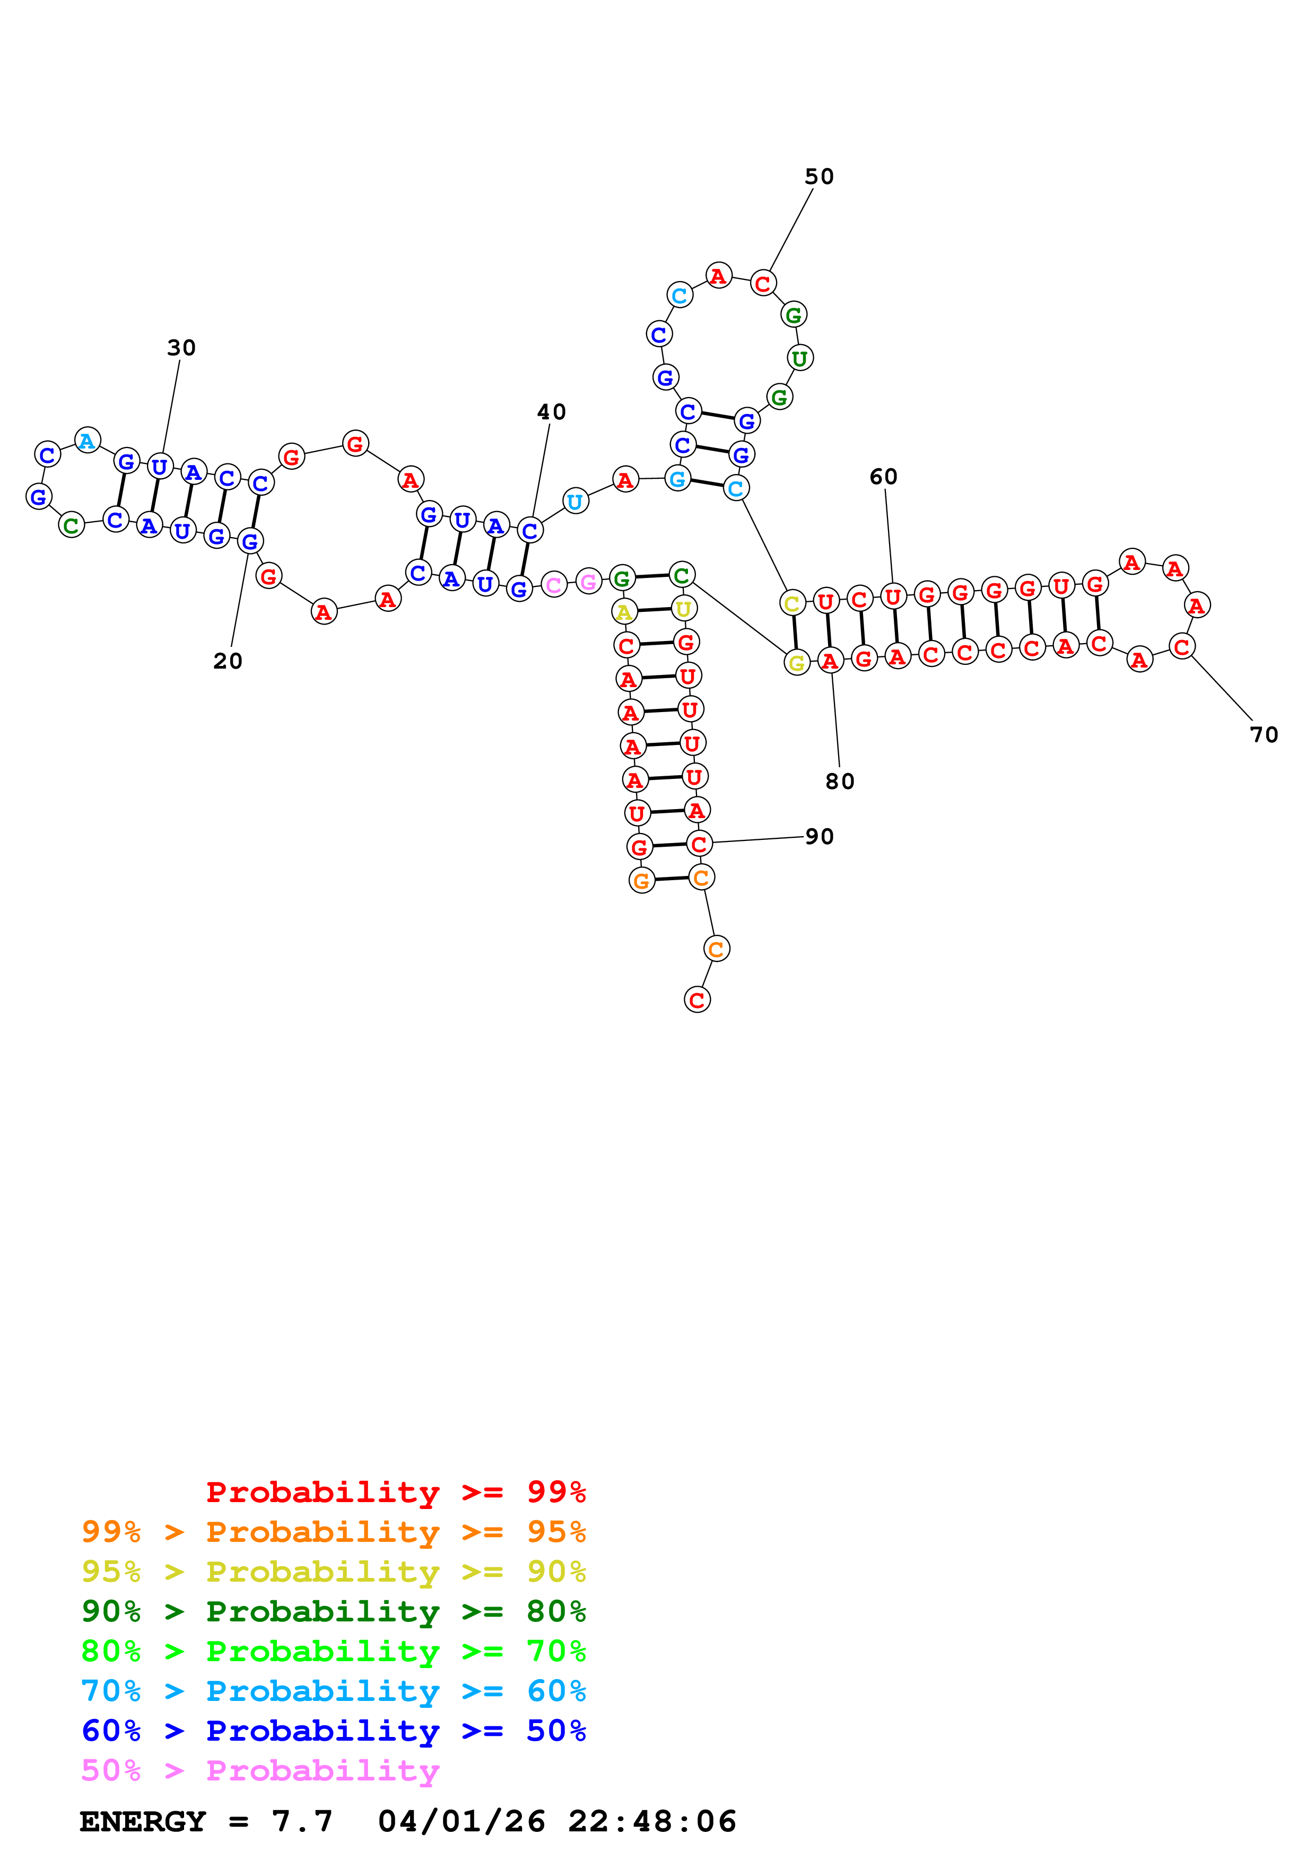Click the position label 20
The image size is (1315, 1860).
click(x=228, y=661)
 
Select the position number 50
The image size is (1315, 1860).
click(x=819, y=177)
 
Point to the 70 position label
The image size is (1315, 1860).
click(x=1264, y=735)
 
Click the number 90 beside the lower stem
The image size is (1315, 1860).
click(x=819, y=836)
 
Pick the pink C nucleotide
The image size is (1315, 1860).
click(x=553, y=585)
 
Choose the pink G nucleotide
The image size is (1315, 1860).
click(x=588, y=582)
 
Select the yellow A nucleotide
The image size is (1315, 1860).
click(x=624, y=612)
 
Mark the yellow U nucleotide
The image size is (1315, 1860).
click(x=684, y=608)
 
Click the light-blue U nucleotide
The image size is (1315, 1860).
click(x=574, y=502)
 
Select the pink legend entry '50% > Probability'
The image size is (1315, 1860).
click(x=260, y=1771)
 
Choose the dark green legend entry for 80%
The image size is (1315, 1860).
click(x=334, y=1611)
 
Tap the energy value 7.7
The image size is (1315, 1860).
click(x=302, y=1822)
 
